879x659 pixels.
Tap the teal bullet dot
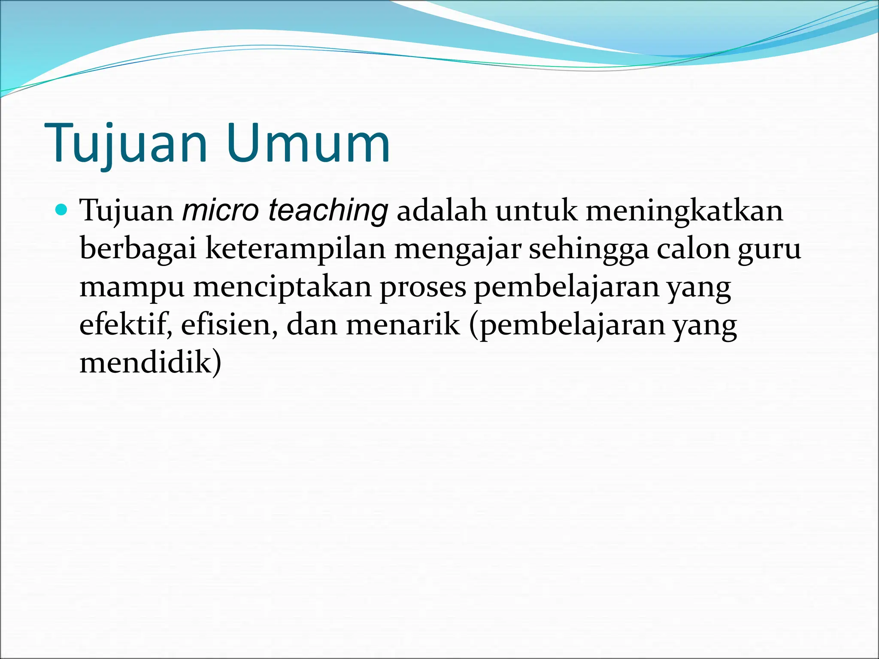click(x=62, y=210)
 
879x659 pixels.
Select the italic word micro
click(x=221, y=211)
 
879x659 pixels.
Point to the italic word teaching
click(x=328, y=211)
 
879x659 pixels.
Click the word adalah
click(x=442, y=211)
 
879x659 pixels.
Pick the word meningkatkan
click(x=684, y=211)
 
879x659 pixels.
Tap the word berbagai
click(x=138, y=249)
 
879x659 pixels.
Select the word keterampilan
click(x=295, y=249)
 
